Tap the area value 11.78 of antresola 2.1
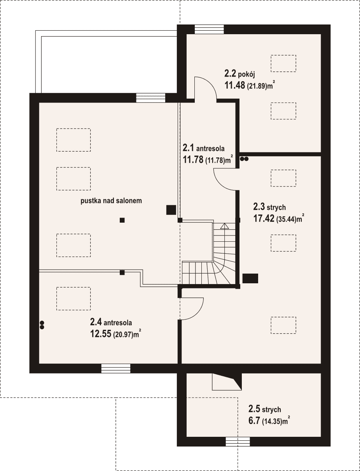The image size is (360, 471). tap(193, 159)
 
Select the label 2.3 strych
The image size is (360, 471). tap(269, 207)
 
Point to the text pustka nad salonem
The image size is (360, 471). tap(111, 201)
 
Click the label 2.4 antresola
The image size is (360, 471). tap(111, 322)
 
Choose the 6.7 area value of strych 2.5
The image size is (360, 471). tap(254, 421)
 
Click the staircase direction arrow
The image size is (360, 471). tap(224, 227)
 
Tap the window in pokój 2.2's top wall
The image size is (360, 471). tap(209, 29)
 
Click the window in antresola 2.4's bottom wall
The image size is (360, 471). tap(116, 368)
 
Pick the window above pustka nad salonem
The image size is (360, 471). tap(151, 98)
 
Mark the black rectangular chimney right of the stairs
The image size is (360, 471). tap(250, 278)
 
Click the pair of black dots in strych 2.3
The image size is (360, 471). tap(244, 159)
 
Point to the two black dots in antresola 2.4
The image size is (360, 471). tap(42, 325)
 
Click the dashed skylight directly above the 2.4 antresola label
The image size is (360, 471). tap(73, 298)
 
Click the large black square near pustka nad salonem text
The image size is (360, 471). tap(171, 210)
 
